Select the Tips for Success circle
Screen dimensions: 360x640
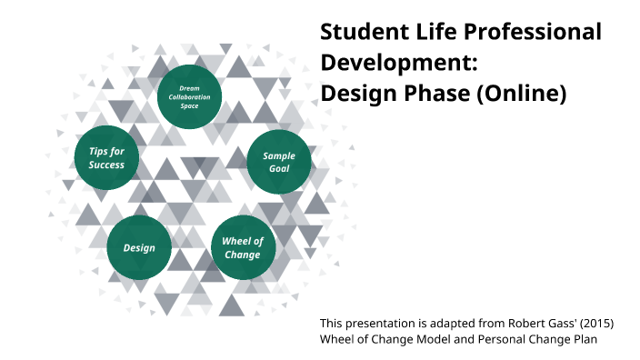[106, 158]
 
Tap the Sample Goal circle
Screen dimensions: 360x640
[279, 162]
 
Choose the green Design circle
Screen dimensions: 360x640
[139, 247]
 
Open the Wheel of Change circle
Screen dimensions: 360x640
[243, 247]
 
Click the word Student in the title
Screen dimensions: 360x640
[358, 32]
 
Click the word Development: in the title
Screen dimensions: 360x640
[399, 63]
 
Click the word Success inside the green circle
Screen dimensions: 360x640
[106, 165]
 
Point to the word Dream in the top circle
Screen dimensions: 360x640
[189, 88]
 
